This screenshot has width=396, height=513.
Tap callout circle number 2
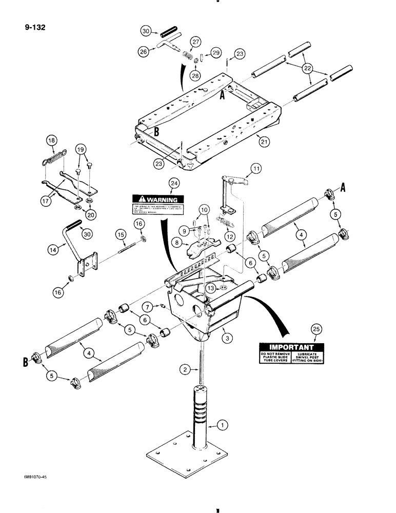tap(186, 369)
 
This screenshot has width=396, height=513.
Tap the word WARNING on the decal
tap(161, 200)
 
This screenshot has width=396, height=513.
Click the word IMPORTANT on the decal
tap(285, 346)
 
